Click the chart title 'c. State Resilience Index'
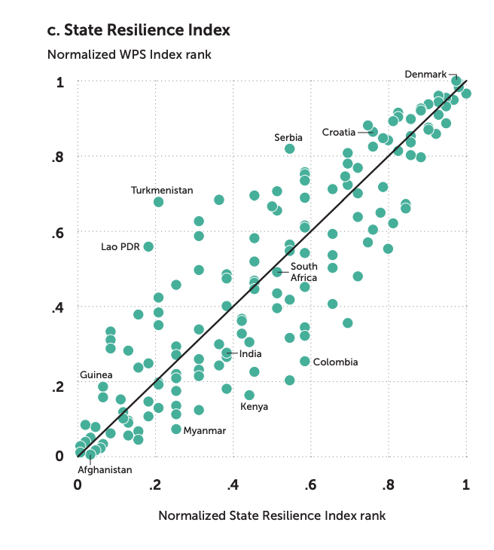(x=138, y=31)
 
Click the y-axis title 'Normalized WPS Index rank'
(x=129, y=55)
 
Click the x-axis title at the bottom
(x=272, y=516)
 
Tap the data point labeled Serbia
(x=290, y=149)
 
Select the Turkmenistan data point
(x=158, y=202)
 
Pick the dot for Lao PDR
(x=149, y=247)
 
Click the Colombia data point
(x=305, y=362)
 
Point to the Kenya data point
(x=249, y=396)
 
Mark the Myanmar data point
(x=176, y=429)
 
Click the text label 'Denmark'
(x=425, y=74)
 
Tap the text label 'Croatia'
(x=339, y=133)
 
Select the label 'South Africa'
(x=304, y=272)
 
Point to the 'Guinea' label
(x=96, y=375)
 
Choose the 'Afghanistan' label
(x=105, y=469)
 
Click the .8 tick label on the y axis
(x=57, y=157)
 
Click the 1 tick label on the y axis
(x=60, y=81)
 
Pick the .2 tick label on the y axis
(x=57, y=383)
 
